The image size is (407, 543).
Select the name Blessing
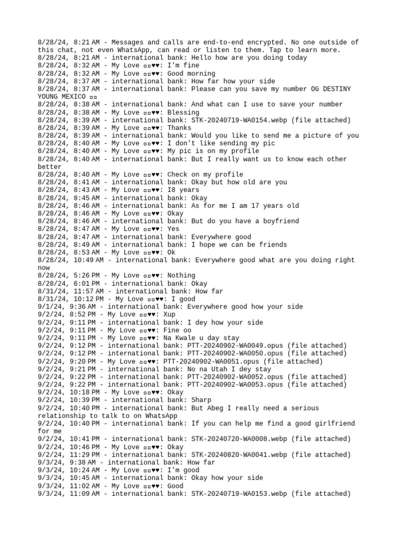(x=183, y=112)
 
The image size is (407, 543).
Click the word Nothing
(x=181, y=276)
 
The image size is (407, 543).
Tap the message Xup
(x=170, y=314)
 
